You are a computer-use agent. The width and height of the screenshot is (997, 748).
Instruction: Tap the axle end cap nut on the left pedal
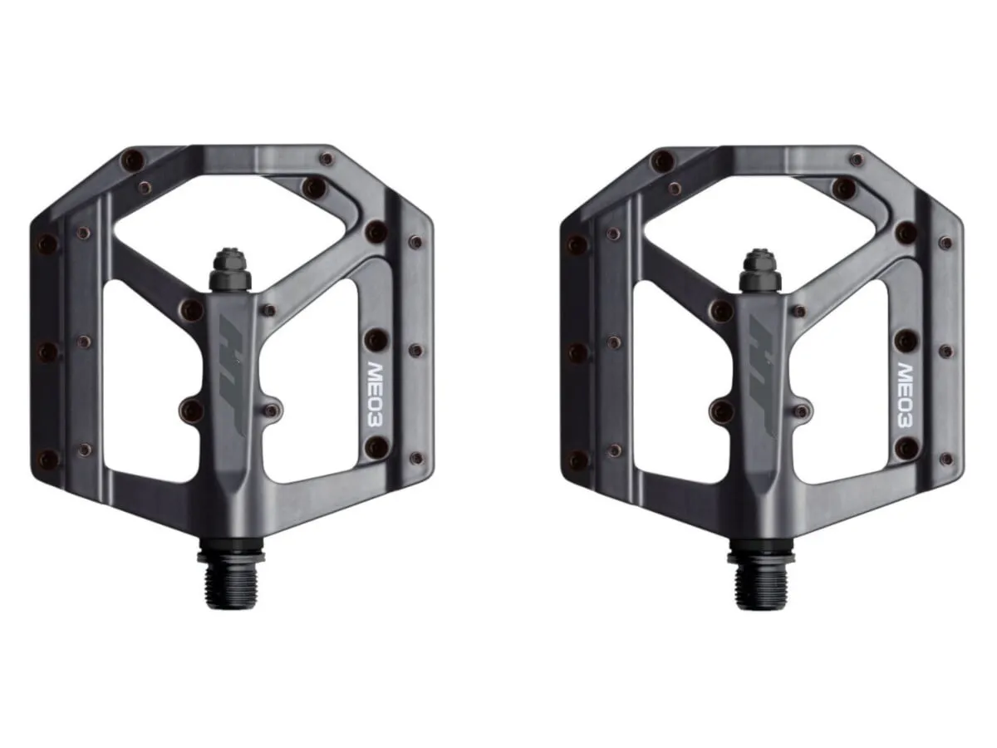pyautogui.click(x=230, y=271)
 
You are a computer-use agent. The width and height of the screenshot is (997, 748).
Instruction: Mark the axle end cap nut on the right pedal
pyautogui.click(x=760, y=271)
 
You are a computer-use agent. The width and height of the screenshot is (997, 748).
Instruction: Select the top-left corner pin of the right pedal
pyautogui.click(x=663, y=159)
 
